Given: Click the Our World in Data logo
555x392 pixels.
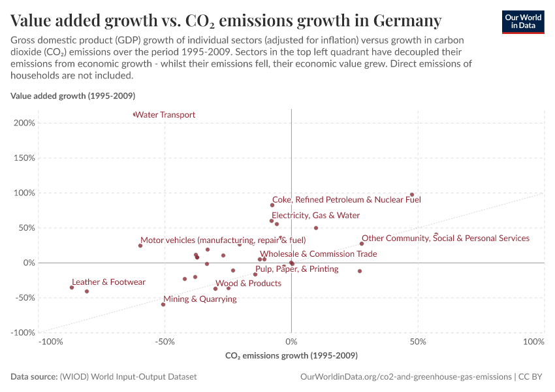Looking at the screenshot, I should click(x=522, y=22).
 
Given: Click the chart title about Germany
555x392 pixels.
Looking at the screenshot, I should click(x=226, y=21).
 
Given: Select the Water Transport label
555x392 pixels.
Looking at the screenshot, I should click(x=165, y=115).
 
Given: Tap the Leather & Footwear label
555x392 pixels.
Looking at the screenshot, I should click(x=108, y=282).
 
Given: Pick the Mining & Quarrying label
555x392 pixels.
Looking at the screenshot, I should click(x=200, y=299).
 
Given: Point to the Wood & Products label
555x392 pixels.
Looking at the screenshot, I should click(x=248, y=284).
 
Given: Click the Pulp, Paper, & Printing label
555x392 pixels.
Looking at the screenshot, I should click(x=296, y=269).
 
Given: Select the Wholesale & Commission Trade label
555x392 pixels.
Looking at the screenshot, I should click(x=318, y=254).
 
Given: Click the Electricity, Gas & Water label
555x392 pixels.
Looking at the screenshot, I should click(x=315, y=216).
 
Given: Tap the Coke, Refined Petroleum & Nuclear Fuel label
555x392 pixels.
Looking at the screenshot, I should click(x=346, y=200).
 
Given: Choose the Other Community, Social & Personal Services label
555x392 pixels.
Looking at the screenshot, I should click(x=445, y=238).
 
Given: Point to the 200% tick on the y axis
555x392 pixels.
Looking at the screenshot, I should click(x=24, y=123).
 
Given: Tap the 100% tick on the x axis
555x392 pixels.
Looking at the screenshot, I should click(x=534, y=342).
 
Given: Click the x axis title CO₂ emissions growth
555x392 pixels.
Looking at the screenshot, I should click(x=291, y=356).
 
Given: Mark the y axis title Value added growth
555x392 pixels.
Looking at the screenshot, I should click(x=72, y=96).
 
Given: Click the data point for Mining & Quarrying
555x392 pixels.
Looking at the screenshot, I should click(x=163, y=304).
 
